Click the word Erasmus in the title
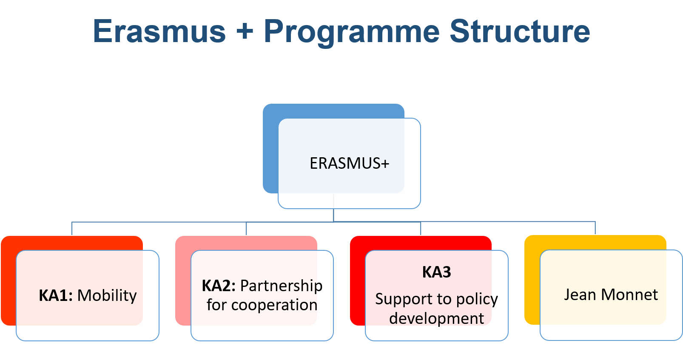click(159, 31)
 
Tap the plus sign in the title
click(245, 31)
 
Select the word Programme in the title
click(352, 32)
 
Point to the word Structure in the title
click(520, 31)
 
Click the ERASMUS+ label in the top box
click(349, 163)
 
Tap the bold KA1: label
click(56, 295)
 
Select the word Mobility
click(107, 295)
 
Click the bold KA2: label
click(219, 286)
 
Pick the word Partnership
click(281, 286)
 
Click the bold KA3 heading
click(436, 272)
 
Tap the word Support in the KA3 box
click(398, 299)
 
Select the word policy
click(477, 300)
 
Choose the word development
click(436, 318)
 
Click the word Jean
click(580, 295)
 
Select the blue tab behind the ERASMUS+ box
click(333, 111)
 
